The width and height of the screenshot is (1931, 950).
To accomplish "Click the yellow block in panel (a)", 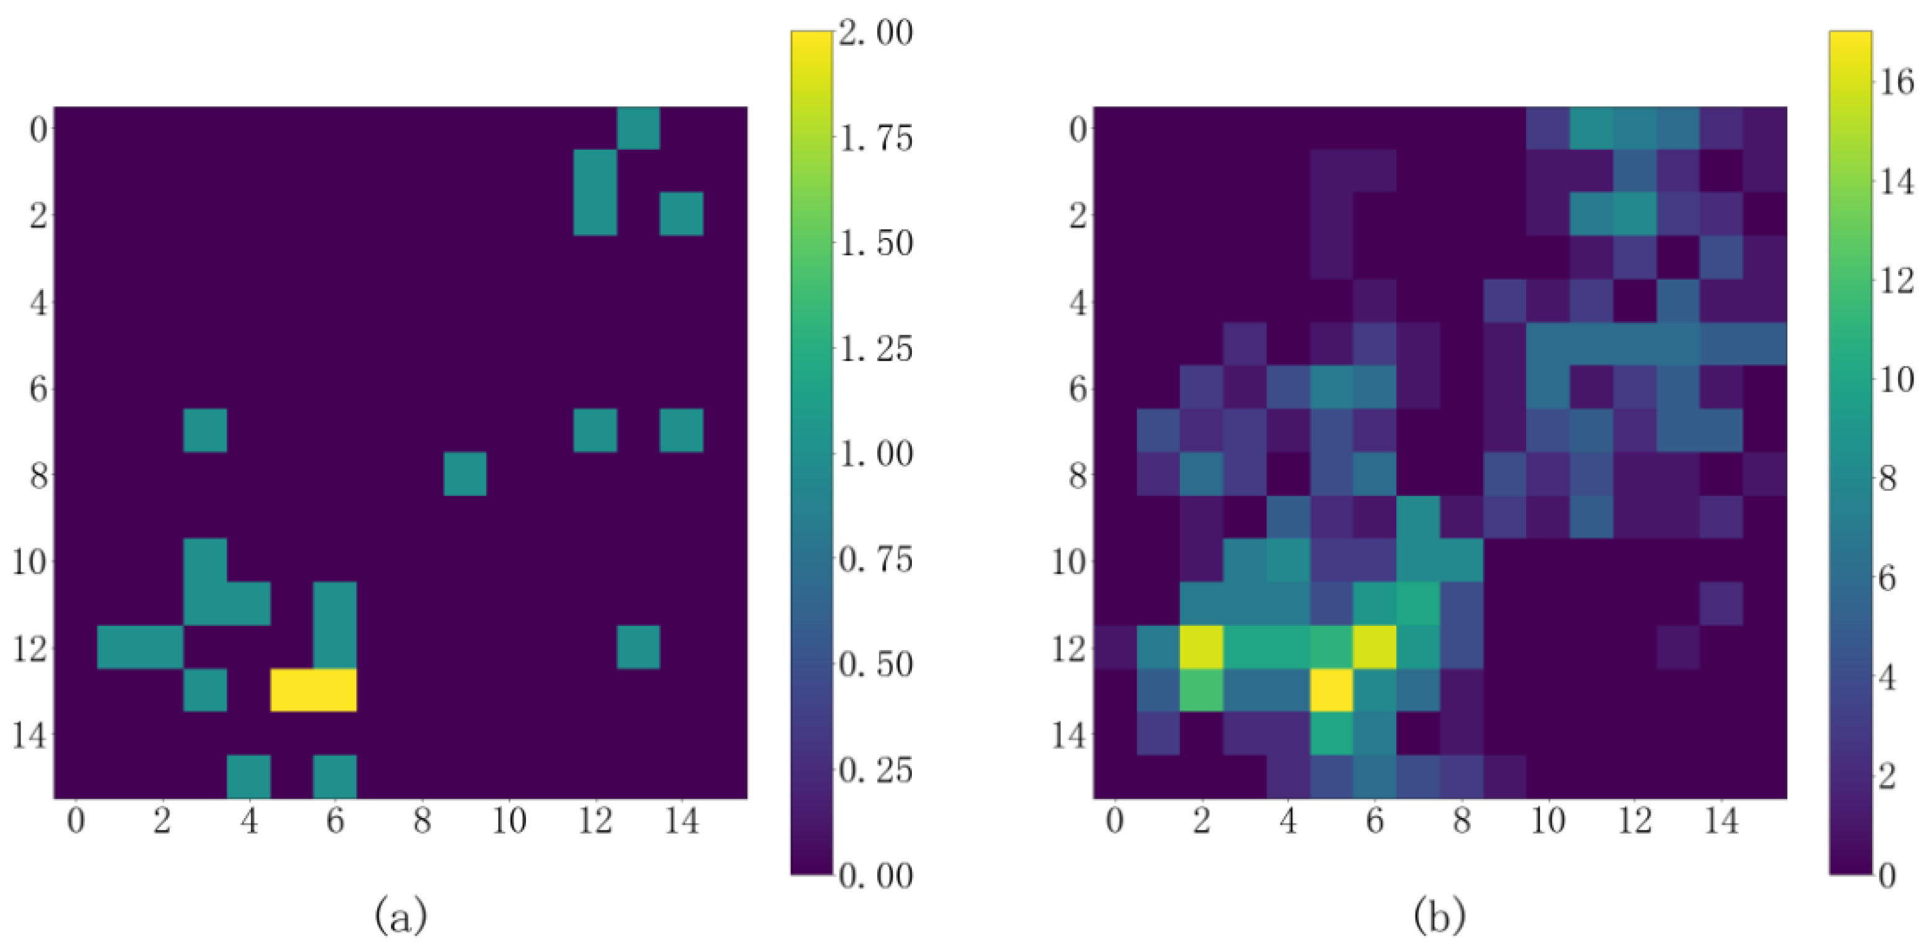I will [313, 690].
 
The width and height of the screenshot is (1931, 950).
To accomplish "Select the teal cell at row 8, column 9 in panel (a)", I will [465, 474].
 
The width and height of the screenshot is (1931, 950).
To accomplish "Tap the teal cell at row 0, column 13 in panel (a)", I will [638, 128].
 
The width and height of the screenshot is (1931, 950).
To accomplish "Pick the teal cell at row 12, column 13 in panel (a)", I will [638, 646].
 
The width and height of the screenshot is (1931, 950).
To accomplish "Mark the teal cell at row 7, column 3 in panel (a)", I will [206, 431].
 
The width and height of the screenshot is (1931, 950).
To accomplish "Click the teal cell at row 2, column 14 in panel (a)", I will [681, 214].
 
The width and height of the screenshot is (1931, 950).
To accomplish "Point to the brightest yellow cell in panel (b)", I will [1331, 690].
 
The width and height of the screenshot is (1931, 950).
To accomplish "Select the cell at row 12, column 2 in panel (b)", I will [1202, 646].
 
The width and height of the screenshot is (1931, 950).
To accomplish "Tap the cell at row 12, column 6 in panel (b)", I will [1375, 646].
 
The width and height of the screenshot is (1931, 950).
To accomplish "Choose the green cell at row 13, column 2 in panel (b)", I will [1202, 690].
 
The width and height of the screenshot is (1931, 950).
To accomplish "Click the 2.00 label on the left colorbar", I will [875, 33].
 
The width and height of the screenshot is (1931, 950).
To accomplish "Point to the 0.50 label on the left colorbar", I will [875, 664].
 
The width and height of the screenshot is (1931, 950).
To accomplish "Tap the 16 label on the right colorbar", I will [1896, 82].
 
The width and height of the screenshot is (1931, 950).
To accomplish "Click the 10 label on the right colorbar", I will [1896, 380].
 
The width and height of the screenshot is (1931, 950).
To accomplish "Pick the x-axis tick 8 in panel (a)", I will [422, 822].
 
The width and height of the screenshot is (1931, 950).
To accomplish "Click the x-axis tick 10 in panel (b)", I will [1547, 822].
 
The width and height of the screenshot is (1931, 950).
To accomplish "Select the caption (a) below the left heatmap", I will [401, 915].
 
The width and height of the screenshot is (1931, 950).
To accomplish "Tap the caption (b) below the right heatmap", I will [1440, 915].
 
